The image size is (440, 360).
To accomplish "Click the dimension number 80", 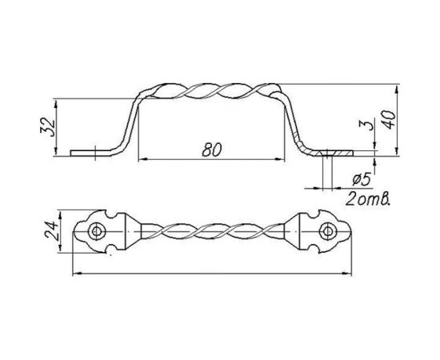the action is coord(212,150).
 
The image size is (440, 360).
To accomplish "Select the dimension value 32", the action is coord(48,127).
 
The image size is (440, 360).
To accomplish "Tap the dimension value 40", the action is coord(390,119).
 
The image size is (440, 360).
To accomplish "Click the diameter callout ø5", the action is coord(362,179).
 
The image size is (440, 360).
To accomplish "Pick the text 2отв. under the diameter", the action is coord(368,199).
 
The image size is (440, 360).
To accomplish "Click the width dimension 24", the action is coord(51,231).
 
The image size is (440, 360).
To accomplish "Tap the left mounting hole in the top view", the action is coord(97,231).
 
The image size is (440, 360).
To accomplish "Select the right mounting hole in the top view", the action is coord(327,231).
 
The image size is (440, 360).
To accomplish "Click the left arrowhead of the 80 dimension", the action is coord(142,159).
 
